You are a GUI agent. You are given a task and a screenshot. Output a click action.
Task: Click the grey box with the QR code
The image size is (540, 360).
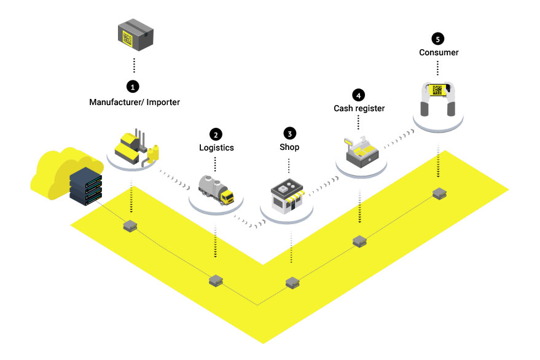point(135,35)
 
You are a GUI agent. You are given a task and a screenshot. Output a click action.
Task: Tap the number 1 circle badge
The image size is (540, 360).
point(133,87)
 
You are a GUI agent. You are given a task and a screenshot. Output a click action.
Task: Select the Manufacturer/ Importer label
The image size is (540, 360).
point(135,103)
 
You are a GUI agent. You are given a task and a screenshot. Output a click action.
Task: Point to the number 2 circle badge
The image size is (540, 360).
point(216,135)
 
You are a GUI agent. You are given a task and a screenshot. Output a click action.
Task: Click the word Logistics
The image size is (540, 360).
point(216,148)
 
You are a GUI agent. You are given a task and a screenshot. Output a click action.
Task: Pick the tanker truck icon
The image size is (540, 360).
point(216,190)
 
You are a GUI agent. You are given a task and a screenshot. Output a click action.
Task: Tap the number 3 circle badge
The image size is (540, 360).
point(289,134)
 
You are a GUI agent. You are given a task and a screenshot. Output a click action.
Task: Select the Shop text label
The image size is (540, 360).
point(289,147)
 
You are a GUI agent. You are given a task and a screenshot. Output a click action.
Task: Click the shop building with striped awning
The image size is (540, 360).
point(288,196)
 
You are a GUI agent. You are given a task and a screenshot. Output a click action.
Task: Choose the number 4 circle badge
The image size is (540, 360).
point(359,95)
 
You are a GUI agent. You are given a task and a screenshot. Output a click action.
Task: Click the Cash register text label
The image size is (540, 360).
point(359,109)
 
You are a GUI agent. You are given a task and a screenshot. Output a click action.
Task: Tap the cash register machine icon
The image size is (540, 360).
point(361,152)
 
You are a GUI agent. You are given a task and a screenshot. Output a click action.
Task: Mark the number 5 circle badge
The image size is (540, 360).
point(438,39)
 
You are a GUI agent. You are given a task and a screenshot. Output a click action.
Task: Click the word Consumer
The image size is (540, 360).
point(439,52)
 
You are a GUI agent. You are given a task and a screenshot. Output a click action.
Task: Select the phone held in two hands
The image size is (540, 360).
point(438,90)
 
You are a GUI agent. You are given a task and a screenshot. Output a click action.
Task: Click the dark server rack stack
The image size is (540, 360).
point(86,186)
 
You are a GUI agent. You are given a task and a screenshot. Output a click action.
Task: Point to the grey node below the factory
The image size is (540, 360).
point(130,226)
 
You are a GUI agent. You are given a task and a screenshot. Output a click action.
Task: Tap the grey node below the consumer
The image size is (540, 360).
point(439,194)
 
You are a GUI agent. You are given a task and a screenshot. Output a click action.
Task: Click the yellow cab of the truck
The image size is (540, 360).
point(227,197)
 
